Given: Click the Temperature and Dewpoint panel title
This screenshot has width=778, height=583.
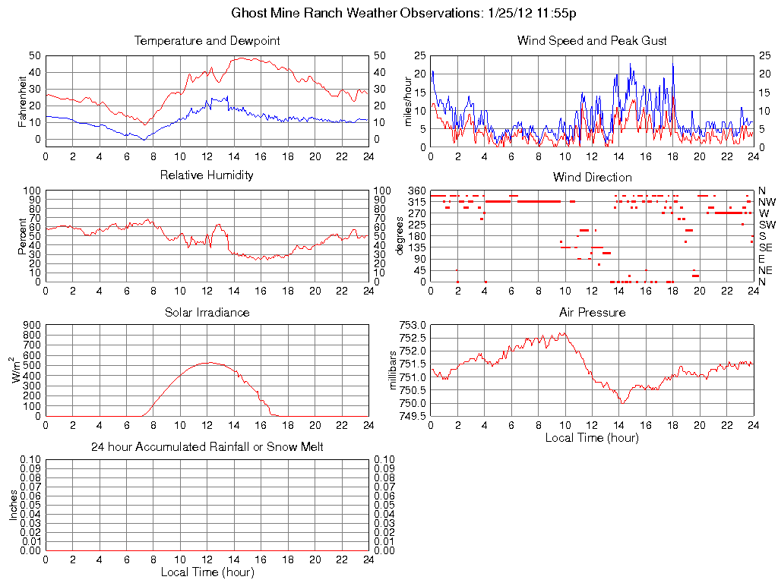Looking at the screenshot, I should click(x=207, y=40).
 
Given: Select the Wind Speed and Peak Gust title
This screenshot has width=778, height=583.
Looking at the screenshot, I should click(x=592, y=40).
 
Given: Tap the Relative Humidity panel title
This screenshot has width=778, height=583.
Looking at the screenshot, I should click(x=207, y=175).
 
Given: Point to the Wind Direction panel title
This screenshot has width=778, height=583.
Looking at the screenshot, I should click(x=592, y=177).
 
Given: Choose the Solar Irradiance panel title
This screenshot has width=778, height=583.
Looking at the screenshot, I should click(x=207, y=312).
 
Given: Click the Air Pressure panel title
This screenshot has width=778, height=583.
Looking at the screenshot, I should click(x=592, y=312).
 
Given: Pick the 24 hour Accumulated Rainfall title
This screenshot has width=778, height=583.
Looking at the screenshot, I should click(x=207, y=447).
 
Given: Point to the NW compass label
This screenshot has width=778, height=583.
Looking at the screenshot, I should click(x=766, y=202).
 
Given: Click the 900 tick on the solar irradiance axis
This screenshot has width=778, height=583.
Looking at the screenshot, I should click(x=32, y=325).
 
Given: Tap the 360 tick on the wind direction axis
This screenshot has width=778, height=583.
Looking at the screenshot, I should click(x=416, y=191).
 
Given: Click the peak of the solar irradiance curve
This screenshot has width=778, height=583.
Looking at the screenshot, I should click(x=207, y=363).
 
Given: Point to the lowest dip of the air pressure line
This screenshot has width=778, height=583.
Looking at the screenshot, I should click(x=621, y=402).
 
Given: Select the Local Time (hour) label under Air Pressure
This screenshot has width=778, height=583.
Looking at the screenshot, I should click(x=592, y=437).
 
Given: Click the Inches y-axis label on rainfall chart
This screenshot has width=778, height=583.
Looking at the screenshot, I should click(x=14, y=505).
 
